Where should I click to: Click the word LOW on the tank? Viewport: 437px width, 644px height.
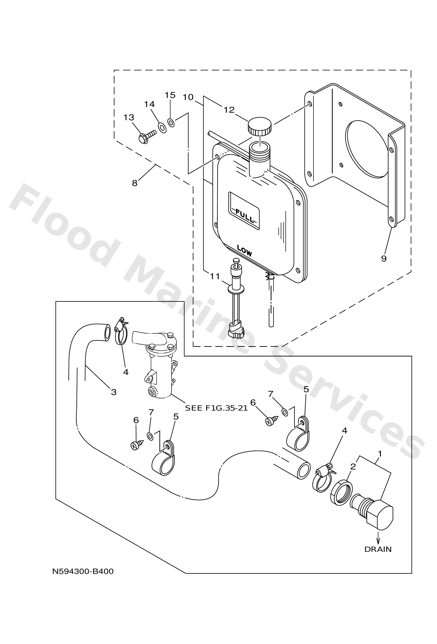point(244,251)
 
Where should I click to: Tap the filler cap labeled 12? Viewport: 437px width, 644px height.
point(259,126)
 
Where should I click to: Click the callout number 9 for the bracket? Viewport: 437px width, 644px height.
point(384,259)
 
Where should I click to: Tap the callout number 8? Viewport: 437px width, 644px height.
point(135,183)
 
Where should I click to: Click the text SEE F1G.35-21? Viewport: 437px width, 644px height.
point(216,408)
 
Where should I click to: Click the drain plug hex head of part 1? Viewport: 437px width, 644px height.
point(380,518)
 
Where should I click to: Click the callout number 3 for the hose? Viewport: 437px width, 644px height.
point(114,392)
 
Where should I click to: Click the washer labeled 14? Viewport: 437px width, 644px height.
point(162,127)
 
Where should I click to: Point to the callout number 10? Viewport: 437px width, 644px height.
point(188,97)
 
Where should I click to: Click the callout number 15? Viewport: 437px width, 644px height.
point(170,95)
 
